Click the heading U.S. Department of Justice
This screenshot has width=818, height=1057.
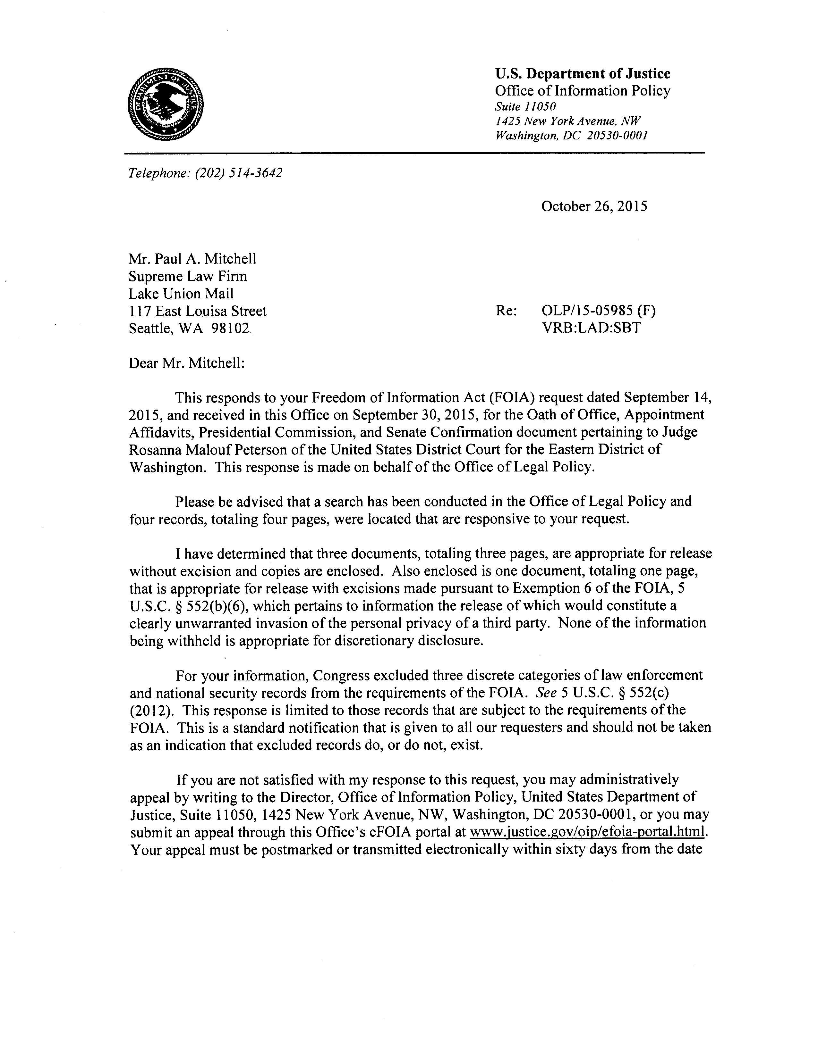(582, 74)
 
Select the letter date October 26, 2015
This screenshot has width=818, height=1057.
(594, 207)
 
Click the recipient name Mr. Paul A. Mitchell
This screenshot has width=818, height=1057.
(192, 259)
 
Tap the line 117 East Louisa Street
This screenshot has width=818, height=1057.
(198, 311)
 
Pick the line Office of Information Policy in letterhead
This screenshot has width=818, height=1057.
(582, 90)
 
